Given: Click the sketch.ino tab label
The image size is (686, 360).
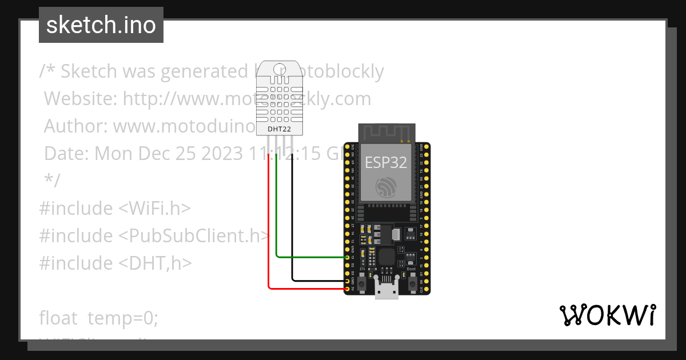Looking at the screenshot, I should click(101, 25).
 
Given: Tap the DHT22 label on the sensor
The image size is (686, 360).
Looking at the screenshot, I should click(279, 129).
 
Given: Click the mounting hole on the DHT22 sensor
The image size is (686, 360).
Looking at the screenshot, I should click(279, 70).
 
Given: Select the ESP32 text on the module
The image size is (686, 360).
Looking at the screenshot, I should click(386, 162).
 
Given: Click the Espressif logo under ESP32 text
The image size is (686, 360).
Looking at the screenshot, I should click(386, 187).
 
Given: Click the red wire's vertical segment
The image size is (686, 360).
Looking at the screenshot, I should click(269, 223).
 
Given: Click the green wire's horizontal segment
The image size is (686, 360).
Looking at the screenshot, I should click(312, 257).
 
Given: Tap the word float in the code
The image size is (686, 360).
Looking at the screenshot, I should click(58, 318).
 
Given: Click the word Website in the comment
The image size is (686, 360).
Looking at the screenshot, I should click(80, 99).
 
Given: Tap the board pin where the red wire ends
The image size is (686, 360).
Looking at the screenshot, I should click(347, 289).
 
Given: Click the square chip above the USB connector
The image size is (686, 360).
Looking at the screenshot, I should click(386, 256).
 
